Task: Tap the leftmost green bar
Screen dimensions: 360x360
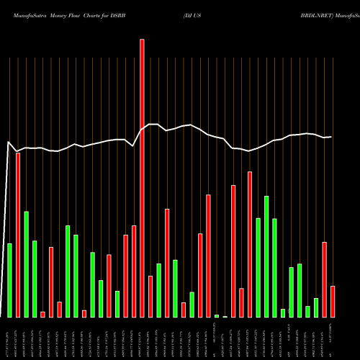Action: (10, 280)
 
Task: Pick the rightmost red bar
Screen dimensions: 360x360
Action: (333, 302)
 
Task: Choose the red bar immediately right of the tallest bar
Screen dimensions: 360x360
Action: (150, 296)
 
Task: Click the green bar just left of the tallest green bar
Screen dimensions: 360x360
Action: (10, 280)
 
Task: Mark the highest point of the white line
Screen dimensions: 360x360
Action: (150, 124)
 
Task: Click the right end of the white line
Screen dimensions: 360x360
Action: (332, 137)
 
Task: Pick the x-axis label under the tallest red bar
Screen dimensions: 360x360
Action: (142, 338)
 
